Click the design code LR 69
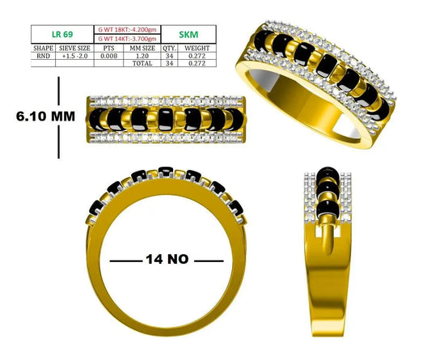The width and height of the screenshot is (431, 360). coord(62,34)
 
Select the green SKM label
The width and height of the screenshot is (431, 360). coord(188,35)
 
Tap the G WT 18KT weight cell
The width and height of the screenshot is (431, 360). coord(127,30)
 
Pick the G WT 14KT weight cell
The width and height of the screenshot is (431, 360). coord(127,39)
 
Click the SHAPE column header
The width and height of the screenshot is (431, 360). coord(43,48)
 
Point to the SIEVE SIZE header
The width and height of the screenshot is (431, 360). coord(74,48)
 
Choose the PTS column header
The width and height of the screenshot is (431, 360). coord(108,48)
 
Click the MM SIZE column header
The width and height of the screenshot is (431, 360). coord(142,48)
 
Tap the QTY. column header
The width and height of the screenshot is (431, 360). coord(169,48)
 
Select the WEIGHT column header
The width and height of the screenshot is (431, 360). coord(196,48)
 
